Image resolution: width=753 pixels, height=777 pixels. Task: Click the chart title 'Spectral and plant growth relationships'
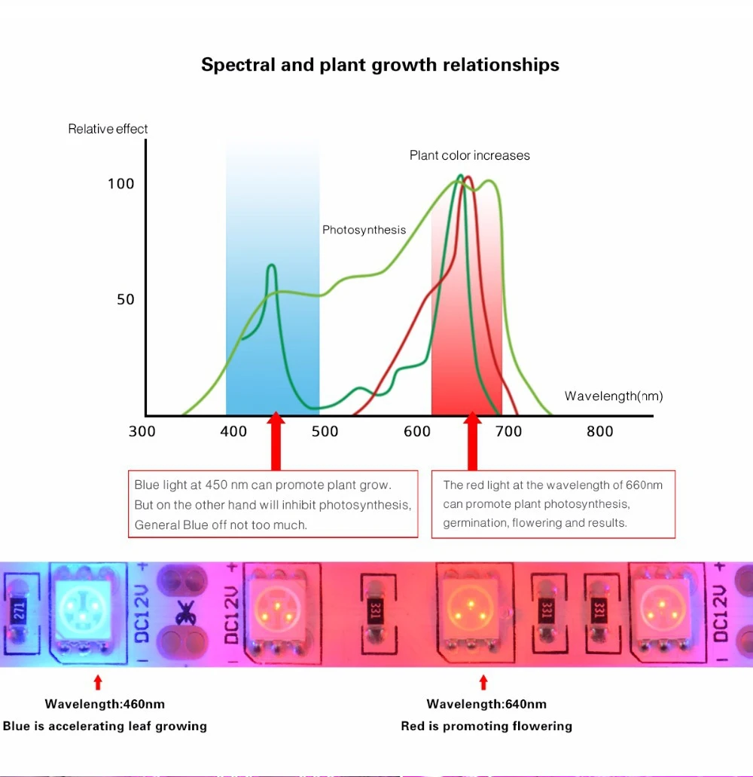380,65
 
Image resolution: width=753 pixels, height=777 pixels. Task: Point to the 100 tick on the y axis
120,184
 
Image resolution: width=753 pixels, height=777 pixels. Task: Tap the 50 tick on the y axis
125,299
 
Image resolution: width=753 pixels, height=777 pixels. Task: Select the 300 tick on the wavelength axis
142,431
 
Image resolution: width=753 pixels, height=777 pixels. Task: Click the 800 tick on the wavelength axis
599,431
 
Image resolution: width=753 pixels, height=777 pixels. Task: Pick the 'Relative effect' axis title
108,129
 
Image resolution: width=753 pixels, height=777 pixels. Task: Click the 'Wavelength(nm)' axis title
614,396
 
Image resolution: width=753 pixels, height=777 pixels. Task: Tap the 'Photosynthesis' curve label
364,230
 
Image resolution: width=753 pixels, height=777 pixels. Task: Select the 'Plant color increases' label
469,155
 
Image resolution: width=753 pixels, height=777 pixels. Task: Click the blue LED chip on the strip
83,610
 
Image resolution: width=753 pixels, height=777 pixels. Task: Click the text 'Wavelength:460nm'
105,704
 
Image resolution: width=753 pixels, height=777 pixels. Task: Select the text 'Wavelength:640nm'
486,704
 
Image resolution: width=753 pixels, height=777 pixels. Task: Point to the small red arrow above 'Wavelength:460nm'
98,682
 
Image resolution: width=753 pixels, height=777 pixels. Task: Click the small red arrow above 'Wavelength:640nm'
483,682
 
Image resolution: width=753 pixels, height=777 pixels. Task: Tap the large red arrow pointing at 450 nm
276,441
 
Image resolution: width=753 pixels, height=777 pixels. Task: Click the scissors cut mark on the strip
185,613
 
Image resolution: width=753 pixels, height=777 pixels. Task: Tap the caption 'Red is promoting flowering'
486,726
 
